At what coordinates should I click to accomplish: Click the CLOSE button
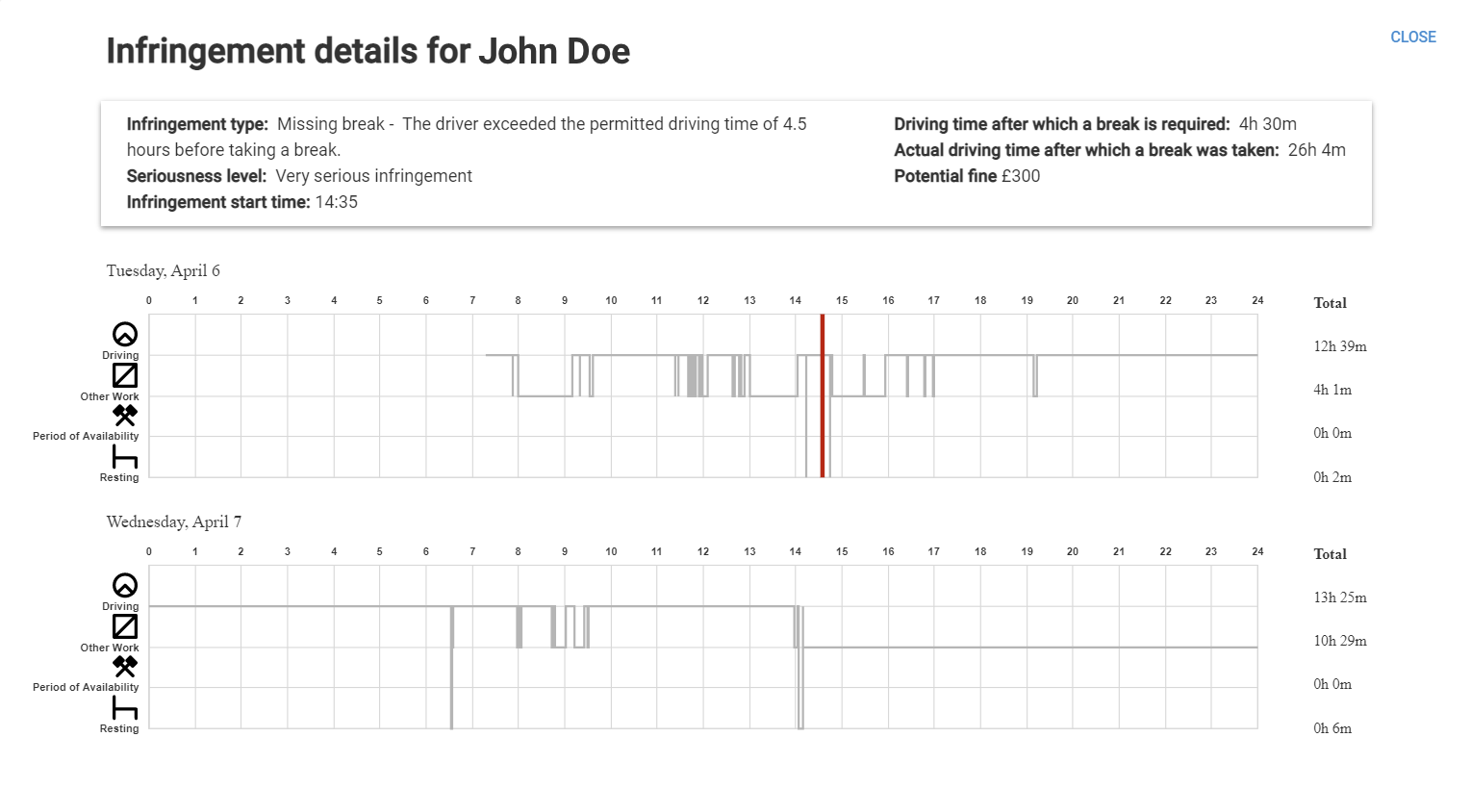[1412, 37]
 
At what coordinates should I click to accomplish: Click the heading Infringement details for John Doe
[368, 51]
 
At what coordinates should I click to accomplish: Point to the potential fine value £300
[1020, 176]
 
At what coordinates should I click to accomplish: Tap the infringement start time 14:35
[336, 202]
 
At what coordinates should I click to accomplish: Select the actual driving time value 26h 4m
[1316, 150]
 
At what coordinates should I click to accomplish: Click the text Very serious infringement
[373, 176]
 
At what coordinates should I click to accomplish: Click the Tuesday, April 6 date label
[163, 270]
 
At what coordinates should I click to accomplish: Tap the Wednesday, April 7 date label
[173, 521]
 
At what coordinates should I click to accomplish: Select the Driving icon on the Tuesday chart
[125, 334]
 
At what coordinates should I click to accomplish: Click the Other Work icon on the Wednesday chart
[125, 626]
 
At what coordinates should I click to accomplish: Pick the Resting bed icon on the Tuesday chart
[125, 456]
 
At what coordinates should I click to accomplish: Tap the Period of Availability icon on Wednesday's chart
[125, 666]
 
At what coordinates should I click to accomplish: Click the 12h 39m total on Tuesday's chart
[1339, 346]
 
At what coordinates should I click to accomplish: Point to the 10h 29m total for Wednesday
[1339, 641]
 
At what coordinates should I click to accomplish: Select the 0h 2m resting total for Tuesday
[1332, 477]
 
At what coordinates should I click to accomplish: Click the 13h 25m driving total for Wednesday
[1339, 597]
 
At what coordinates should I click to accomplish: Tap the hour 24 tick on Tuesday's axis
[1256, 300]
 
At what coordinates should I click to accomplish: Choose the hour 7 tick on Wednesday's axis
[472, 551]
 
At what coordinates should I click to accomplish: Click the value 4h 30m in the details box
[1267, 124]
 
